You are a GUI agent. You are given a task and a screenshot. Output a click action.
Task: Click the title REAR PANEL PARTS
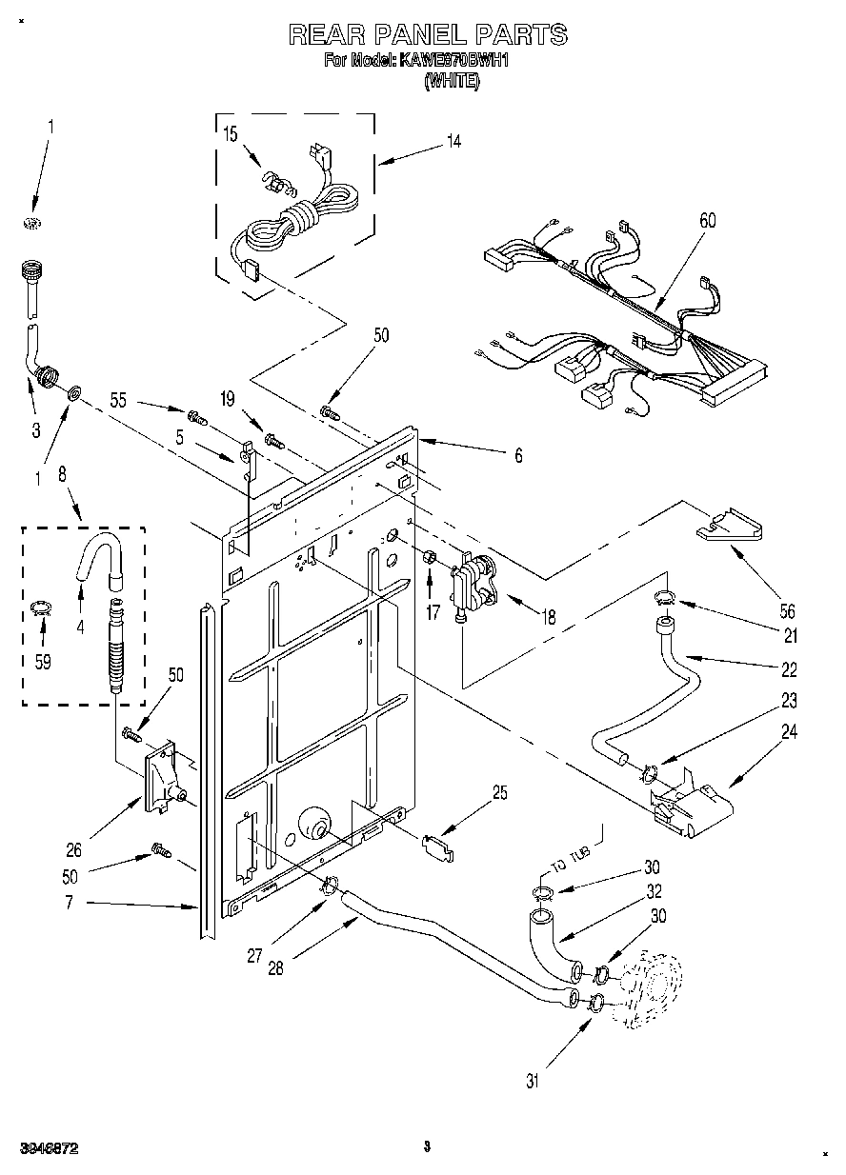tap(428, 35)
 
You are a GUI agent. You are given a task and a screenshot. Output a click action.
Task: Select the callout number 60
tap(707, 221)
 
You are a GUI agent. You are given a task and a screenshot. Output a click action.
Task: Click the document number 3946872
tap(47, 1149)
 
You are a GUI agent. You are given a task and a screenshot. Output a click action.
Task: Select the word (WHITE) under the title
tap(452, 81)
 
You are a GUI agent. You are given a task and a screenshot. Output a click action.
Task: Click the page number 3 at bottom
tap(428, 1146)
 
